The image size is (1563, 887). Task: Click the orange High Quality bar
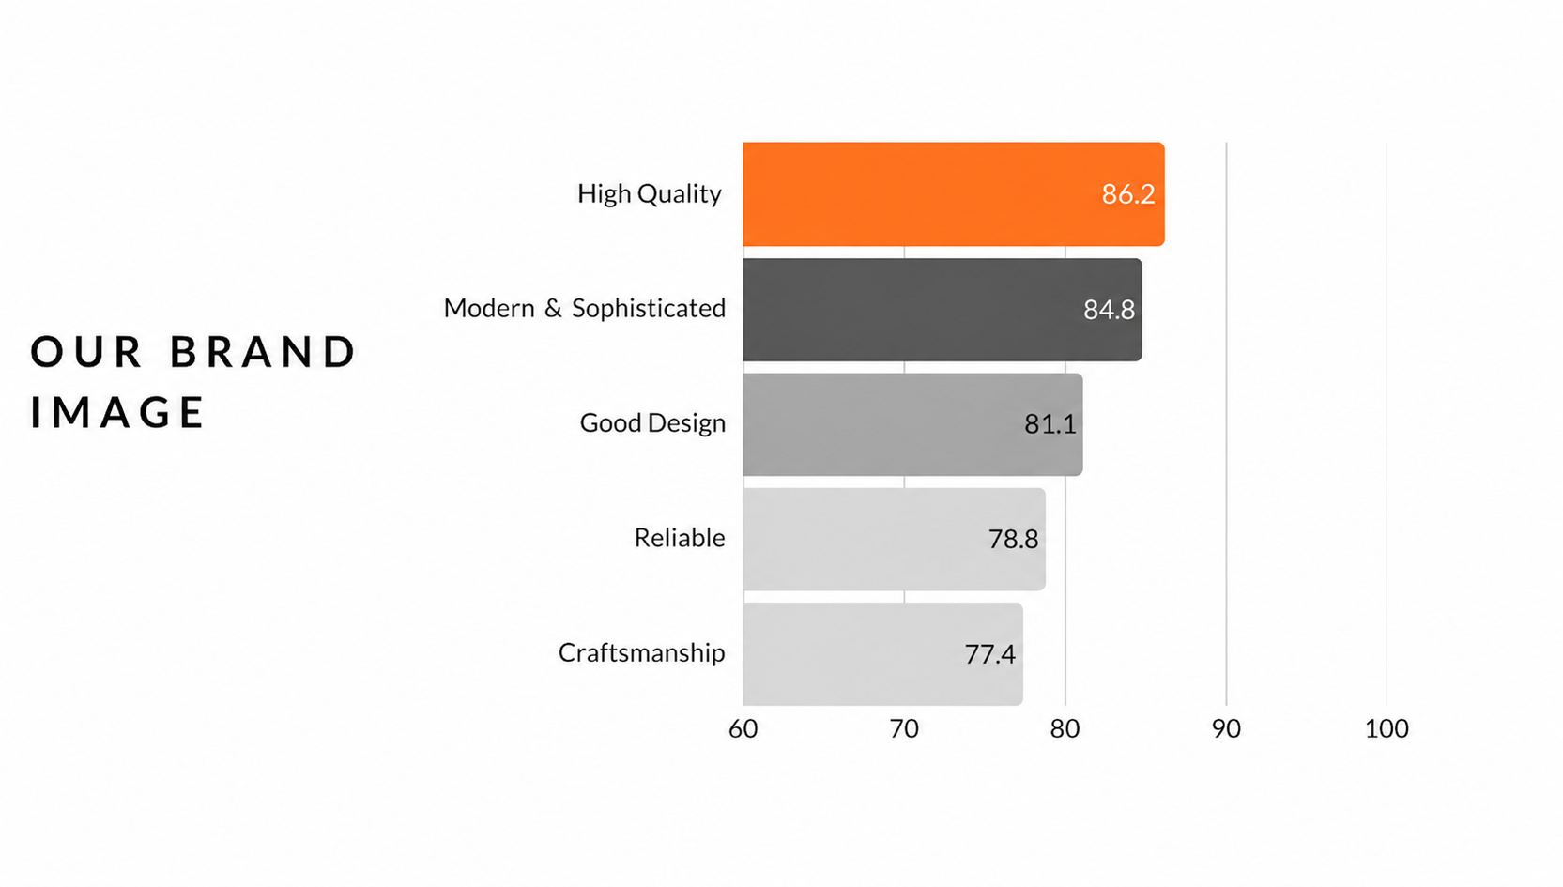(953, 194)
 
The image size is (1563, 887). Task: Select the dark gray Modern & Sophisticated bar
(942, 310)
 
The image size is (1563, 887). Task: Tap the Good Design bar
(912, 424)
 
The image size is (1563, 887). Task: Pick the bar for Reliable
(894, 539)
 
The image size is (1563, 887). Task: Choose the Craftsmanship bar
(882, 654)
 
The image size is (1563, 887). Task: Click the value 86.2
(1128, 194)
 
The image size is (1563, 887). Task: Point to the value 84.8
(1109, 309)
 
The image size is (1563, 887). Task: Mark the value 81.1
(1050, 423)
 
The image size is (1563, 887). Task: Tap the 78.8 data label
(1013, 539)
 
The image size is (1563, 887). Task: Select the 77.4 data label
(990, 654)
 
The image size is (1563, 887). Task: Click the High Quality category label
(649, 194)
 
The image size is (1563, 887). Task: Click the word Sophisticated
(649, 308)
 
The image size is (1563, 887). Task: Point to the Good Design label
(652, 423)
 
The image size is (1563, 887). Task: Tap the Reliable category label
(680, 538)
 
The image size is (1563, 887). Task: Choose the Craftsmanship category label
(641, 652)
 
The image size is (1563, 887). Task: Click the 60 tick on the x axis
(743, 728)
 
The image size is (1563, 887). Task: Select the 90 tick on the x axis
(1226, 728)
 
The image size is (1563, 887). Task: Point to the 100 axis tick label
(1387, 728)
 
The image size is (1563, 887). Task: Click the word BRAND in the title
(263, 351)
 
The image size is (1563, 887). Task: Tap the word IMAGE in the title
(116, 412)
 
